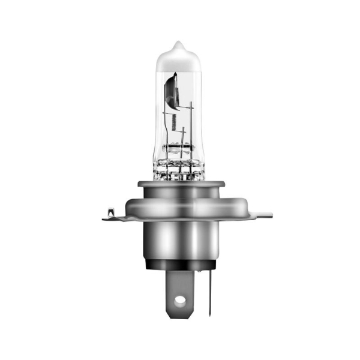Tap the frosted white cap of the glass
[x=178, y=60]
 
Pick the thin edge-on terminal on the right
[x=209, y=294]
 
